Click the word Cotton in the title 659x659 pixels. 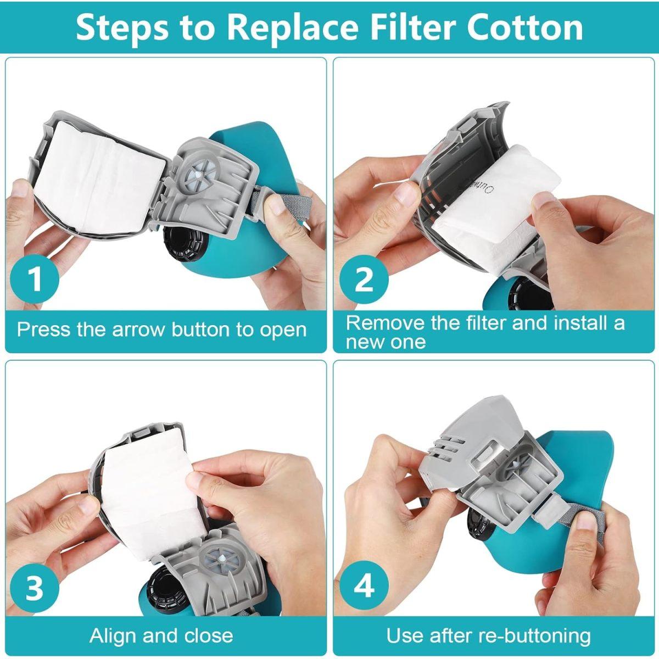pos(525,27)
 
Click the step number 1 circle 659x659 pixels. pos(35,279)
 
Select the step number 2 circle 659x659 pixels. pos(364,279)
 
